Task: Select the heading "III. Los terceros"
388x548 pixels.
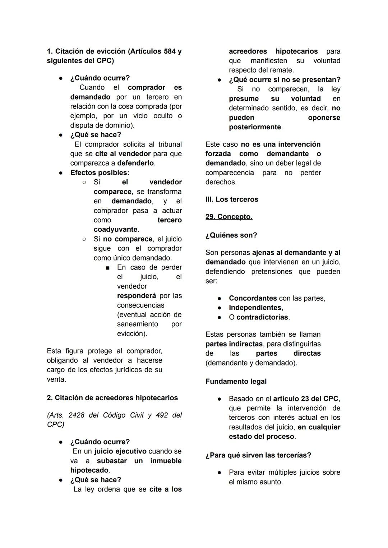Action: [x=232, y=199]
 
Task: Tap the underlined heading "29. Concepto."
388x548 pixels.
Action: [x=229, y=217]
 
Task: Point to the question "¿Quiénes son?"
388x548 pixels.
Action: [x=231, y=235]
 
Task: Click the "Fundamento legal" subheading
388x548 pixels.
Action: [x=236, y=381]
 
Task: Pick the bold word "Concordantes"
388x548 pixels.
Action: [x=253, y=298]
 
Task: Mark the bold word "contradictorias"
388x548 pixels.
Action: [x=262, y=317]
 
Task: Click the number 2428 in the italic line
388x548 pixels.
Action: [x=77, y=415]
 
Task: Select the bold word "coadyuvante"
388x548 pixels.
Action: [x=115, y=229]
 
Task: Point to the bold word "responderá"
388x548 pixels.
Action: [x=137, y=296]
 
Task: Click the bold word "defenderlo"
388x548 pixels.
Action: [x=136, y=163]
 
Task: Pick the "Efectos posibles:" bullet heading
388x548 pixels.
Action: [x=100, y=172]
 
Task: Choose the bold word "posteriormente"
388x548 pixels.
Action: [x=255, y=127]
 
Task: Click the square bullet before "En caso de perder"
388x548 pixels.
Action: [x=107, y=268]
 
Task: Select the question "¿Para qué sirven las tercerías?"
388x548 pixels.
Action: [x=258, y=455]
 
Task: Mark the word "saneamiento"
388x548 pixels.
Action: [x=137, y=324]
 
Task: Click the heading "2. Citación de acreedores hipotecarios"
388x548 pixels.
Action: [x=112, y=398]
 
